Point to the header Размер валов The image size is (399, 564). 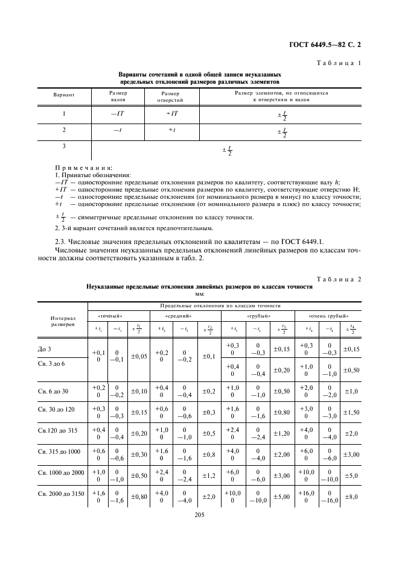pos(118,96)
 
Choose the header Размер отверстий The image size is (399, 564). pos(171,96)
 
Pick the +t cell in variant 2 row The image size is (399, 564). pos(171,130)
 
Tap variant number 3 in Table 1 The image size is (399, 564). pos(64,146)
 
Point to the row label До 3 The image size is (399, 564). pos(48,349)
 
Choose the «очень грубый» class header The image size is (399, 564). pos(329,315)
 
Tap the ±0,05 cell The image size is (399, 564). pos(138,356)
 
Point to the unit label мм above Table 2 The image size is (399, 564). pos(199,295)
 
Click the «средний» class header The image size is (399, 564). pos(179,315)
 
